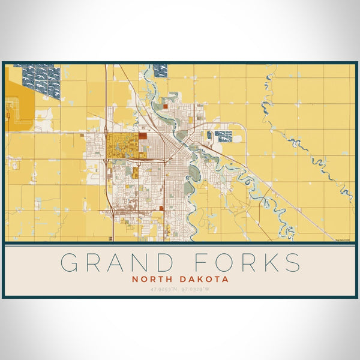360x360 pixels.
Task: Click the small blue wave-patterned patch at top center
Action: point(160,71)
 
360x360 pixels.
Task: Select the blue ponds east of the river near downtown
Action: point(223,136)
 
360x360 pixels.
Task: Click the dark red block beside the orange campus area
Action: point(143,136)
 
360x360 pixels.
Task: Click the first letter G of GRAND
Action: point(70,263)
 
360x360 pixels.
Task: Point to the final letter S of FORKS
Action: point(292,263)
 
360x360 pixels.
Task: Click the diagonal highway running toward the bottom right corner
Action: point(282,198)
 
